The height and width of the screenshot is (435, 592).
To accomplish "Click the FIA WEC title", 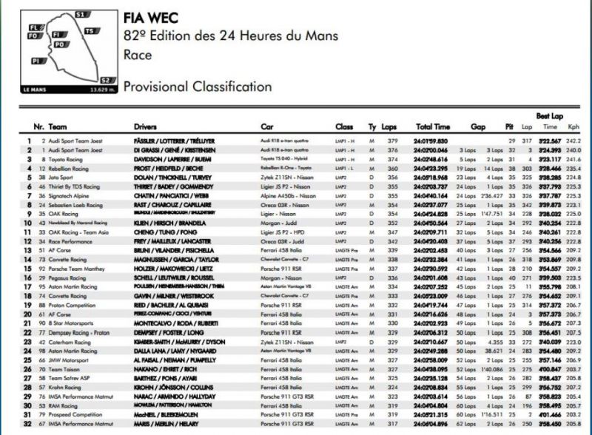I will (x=149, y=18).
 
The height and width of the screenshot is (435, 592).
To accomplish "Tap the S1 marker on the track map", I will (x=81, y=14).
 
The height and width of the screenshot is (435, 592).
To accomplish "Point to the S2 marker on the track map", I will (x=105, y=80).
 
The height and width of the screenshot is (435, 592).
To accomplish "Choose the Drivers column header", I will (x=146, y=127).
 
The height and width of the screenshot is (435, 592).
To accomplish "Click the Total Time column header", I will (x=433, y=127).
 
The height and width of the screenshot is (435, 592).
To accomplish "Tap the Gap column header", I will (x=477, y=127).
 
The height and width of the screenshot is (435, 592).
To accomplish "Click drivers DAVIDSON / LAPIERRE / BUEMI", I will (x=170, y=159).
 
